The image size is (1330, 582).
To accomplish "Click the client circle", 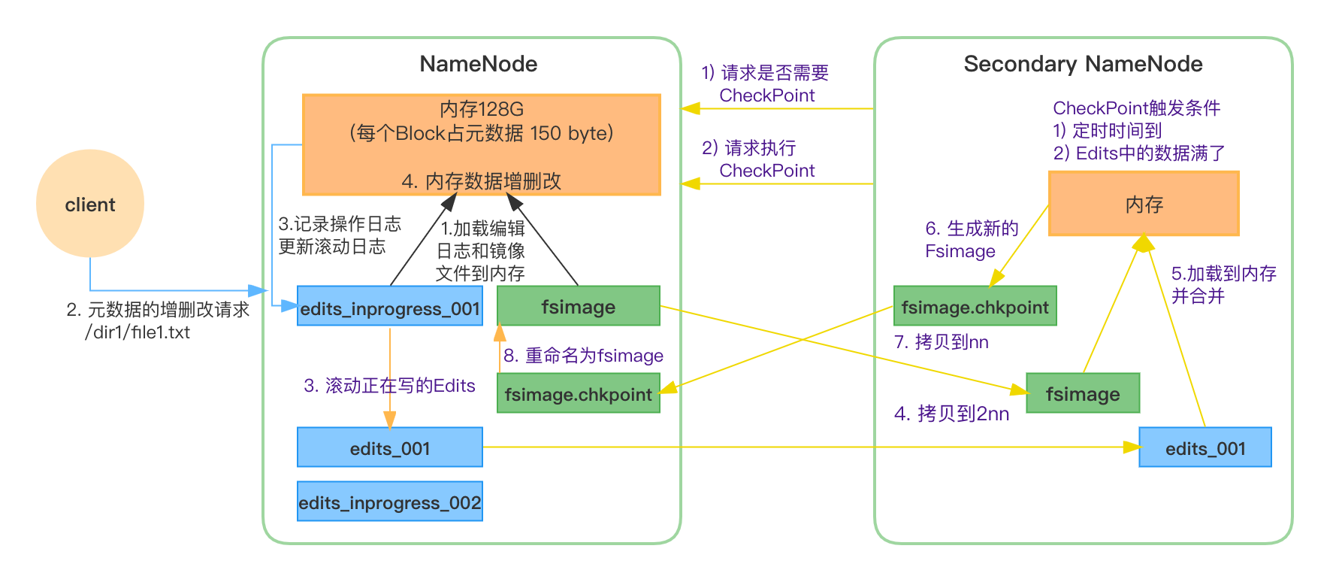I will (90, 204).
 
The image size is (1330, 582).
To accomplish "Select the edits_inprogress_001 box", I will (389, 306).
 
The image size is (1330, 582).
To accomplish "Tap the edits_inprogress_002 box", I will (389, 502).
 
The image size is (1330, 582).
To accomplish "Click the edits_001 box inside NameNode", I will (389, 447).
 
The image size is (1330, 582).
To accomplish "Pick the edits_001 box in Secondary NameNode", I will (1205, 447).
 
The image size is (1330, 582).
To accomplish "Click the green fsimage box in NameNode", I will (578, 306).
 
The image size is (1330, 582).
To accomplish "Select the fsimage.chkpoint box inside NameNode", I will (578, 393).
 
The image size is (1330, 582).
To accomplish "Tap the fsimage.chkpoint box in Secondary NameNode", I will (975, 306).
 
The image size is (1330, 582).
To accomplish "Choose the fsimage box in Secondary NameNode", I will (1082, 393).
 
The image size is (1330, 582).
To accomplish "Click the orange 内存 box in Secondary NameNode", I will (1143, 204).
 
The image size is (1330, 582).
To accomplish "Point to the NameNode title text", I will (478, 64).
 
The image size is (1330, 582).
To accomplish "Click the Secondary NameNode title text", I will (1083, 64).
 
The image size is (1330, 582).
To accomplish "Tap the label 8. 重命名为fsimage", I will (583, 355).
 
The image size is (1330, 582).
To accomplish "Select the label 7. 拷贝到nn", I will (941, 342).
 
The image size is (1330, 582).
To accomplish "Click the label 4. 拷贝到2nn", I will (951, 414).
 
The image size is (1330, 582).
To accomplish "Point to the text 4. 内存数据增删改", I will (481, 181).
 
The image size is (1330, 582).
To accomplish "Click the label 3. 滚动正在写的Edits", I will (389, 386).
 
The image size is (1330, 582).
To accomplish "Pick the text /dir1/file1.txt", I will (138, 332).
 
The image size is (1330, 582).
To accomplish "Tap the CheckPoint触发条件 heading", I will (1136, 108).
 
